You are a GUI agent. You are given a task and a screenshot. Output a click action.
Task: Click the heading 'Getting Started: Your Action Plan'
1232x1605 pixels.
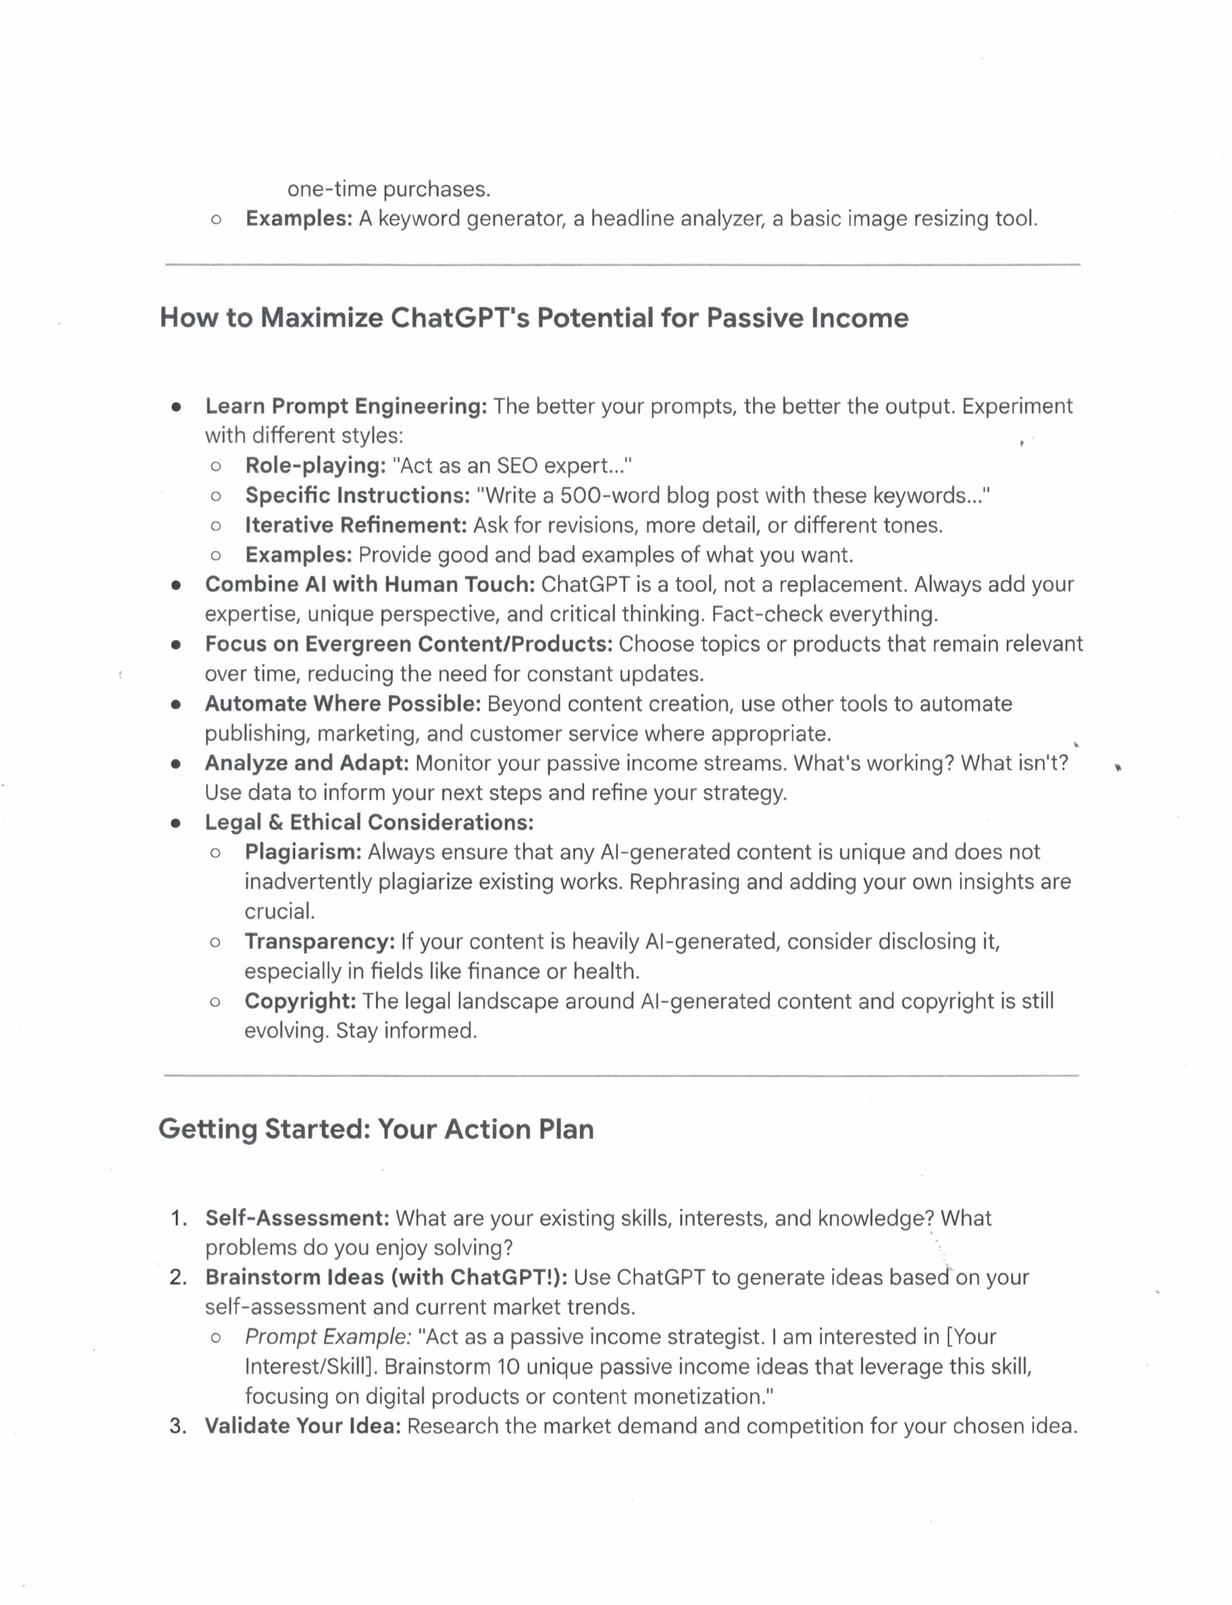pyautogui.click(x=376, y=1129)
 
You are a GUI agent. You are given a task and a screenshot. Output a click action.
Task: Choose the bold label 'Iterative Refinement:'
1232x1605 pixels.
pyautogui.click(x=356, y=525)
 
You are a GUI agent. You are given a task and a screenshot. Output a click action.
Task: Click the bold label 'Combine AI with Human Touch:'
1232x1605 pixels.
pyautogui.click(x=370, y=584)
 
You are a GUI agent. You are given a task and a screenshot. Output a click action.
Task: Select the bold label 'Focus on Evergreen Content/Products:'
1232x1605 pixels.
pyautogui.click(x=409, y=644)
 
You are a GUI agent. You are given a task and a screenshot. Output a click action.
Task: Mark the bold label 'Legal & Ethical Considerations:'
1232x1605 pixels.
pyautogui.click(x=369, y=822)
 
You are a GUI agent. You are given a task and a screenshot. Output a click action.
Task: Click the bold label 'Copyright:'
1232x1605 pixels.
pyautogui.click(x=300, y=1001)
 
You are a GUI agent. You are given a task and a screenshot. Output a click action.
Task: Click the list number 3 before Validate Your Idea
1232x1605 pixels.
pyautogui.click(x=177, y=1426)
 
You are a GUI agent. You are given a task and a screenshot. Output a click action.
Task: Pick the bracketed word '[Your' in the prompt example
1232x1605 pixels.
pyautogui.click(x=971, y=1337)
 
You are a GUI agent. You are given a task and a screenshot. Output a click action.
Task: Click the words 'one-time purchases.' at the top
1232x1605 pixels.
pyautogui.click(x=389, y=189)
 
